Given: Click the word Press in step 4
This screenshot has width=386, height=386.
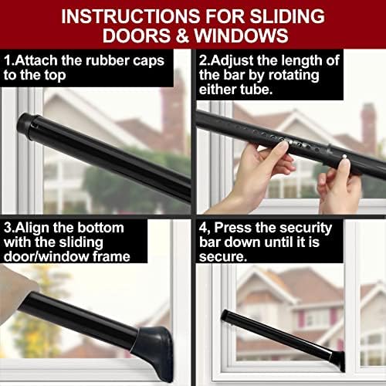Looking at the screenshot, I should tap(235, 229).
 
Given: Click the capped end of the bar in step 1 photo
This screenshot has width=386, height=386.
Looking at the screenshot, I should tap(29, 124).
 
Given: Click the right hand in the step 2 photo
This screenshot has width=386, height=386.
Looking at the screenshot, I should tap(340, 185).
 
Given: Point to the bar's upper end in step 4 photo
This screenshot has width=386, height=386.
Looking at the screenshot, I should tap(225, 316).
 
